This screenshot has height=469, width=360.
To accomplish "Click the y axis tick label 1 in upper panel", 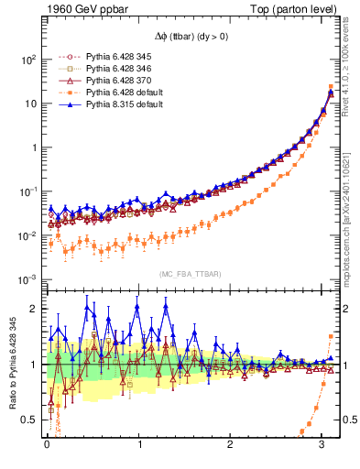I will tap(32, 147).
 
